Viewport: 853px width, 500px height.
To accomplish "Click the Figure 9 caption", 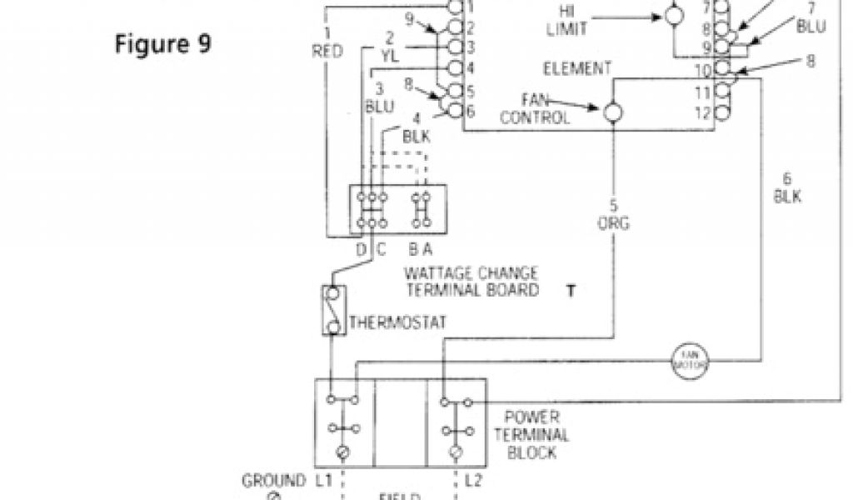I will coord(163,43).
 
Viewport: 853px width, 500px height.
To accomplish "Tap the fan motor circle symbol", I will coord(690,361).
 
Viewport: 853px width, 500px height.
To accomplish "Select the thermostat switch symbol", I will coord(333,310).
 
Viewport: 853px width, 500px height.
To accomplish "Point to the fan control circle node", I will coord(614,112).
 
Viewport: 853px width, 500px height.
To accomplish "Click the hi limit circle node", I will coord(672,15).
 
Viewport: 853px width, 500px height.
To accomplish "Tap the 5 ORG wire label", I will coord(614,214).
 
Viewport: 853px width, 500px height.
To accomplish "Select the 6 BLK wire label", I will coord(786,187).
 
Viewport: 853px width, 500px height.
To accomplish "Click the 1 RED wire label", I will coord(327,42).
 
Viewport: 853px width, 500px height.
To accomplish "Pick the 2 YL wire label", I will coord(390,47).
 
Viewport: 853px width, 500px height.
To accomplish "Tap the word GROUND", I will coord(273,481).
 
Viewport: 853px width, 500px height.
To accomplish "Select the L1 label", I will coord(324,481).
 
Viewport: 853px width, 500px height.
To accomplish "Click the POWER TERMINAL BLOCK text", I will coord(532,435).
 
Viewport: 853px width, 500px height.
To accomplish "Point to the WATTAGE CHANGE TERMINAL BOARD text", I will coord(471,282).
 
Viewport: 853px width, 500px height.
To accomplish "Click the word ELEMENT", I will coord(576,69).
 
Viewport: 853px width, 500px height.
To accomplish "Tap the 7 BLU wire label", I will coord(811,17).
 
